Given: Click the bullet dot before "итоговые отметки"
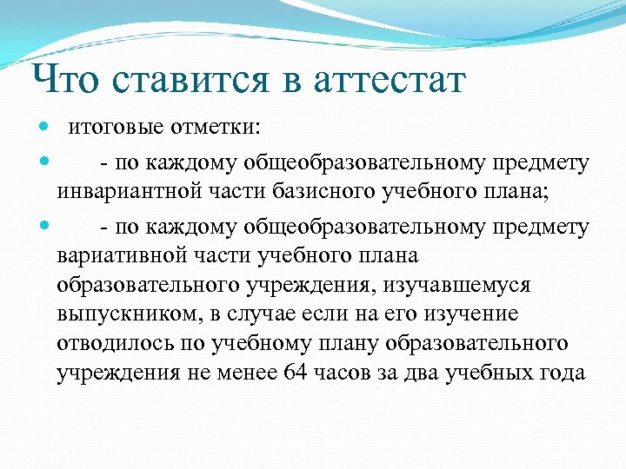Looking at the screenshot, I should (45, 129).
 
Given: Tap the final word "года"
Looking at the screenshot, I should (564, 373).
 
